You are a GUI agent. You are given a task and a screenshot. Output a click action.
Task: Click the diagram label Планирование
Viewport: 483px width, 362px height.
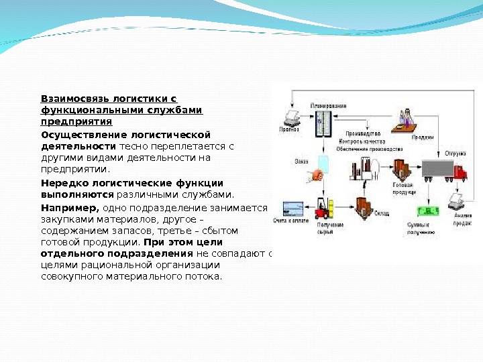pyautogui.click(x=328, y=107)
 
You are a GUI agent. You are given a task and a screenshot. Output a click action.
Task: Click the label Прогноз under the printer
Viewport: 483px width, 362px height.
pyautogui.click(x=288, y=130)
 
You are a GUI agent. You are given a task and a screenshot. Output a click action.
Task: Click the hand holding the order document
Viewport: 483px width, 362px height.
pyautogui.click(x=315, y=176)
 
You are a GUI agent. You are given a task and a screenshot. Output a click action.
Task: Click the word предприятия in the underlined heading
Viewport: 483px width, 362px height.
pyautogui.click(x=76, y=122)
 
